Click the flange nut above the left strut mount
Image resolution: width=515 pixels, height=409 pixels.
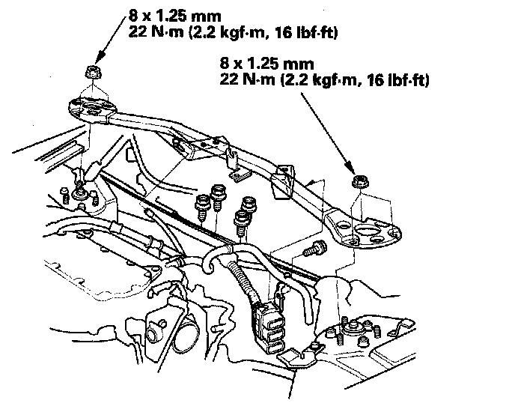pyautogui.click(x=94, y=73)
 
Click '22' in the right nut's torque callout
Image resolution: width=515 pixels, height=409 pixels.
pyautogui.click(x=229, y=78)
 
